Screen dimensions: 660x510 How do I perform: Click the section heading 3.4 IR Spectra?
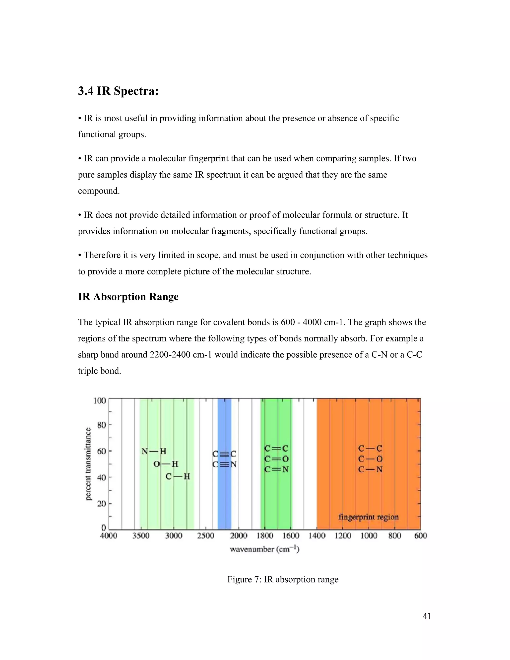(118, 91)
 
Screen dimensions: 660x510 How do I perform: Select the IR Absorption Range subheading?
(128, 297)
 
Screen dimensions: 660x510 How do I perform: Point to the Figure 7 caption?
(283, 579)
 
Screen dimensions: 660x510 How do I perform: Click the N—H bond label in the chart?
(154, 452)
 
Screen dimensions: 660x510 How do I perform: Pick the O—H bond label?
(166, 464)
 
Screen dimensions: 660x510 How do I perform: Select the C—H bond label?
(178, 476)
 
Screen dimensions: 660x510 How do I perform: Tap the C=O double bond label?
(276, 459)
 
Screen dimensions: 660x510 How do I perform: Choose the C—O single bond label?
(370, 459)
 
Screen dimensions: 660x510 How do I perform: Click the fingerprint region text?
(368, 517)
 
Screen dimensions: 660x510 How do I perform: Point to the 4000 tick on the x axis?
(109, 536)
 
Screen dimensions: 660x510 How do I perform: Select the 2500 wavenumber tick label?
(205, 536)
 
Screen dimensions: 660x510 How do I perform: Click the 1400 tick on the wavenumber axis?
(317, 536)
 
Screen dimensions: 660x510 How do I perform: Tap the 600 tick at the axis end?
(421, 536)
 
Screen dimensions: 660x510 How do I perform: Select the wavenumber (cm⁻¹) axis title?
(265, 549)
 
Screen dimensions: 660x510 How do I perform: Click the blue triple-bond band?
(224, 429)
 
